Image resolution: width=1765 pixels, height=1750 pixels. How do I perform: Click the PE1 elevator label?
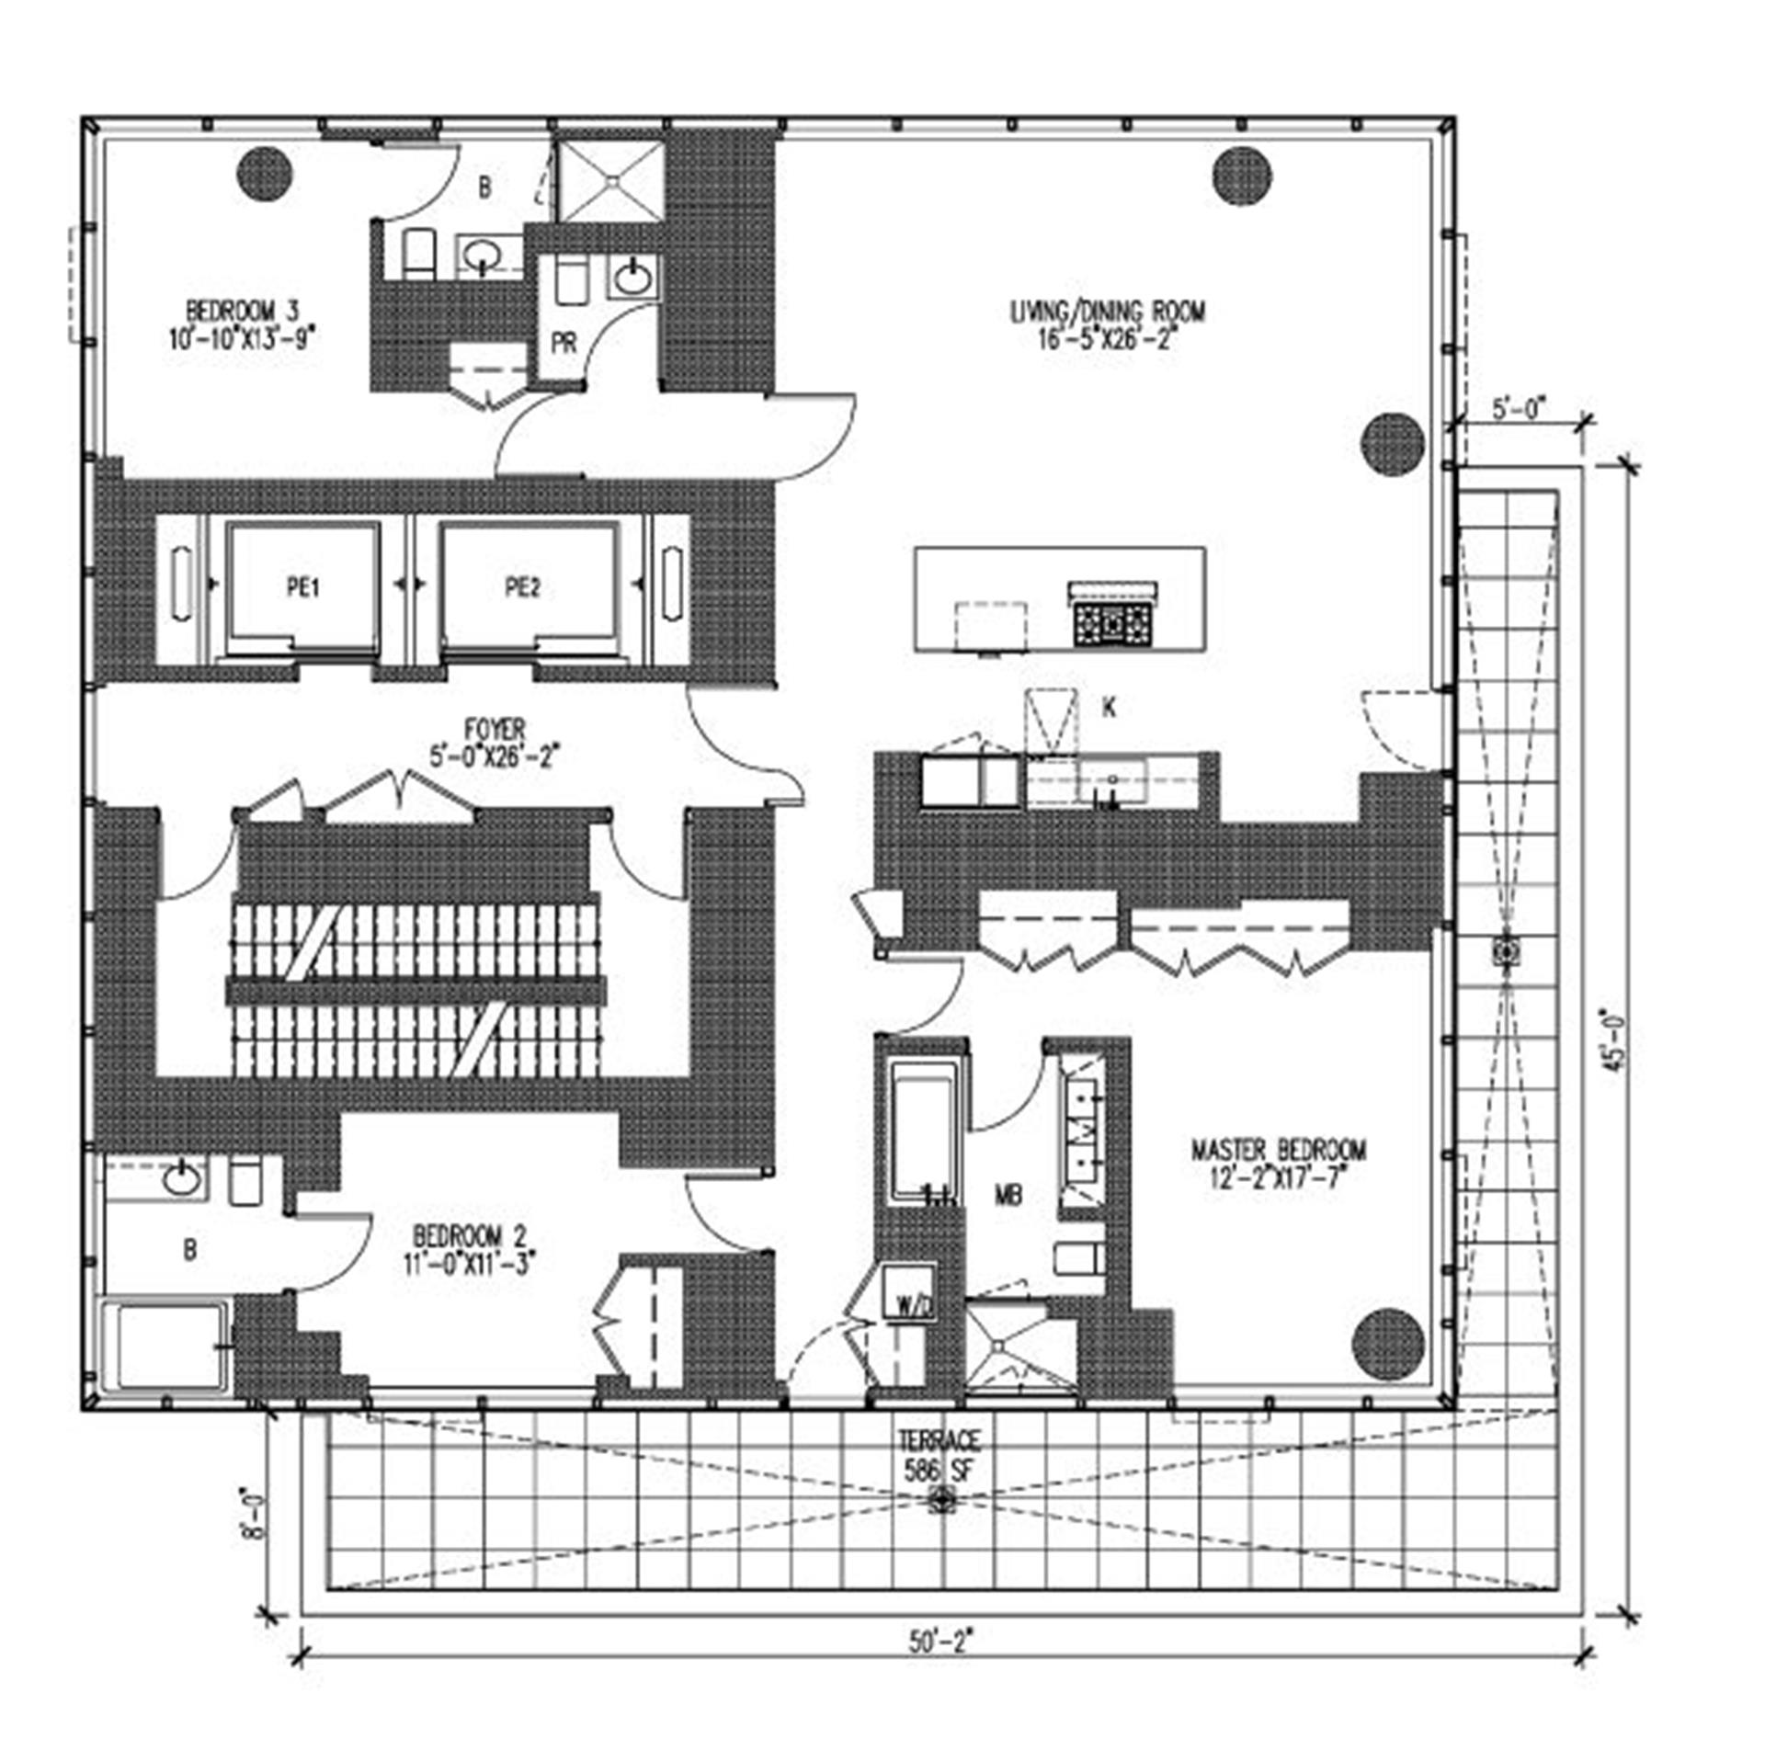[x=302, y=587]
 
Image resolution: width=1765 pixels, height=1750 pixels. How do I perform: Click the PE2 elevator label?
[x=523, y=587]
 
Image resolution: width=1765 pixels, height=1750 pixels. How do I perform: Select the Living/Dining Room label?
[x=1108, y=324]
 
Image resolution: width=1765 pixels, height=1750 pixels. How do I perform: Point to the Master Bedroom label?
[x=1279, y=1163]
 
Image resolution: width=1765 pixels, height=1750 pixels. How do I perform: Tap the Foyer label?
[x=495, y=743]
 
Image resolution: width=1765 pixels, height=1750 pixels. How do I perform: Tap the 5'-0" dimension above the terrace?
[x=1520, y=408]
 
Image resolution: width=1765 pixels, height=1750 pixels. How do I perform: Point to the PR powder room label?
[x=564, y=343]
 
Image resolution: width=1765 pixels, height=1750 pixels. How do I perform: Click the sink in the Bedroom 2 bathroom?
[x=184, y=1179]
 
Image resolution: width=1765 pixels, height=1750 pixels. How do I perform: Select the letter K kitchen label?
[x=1110, y=708]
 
